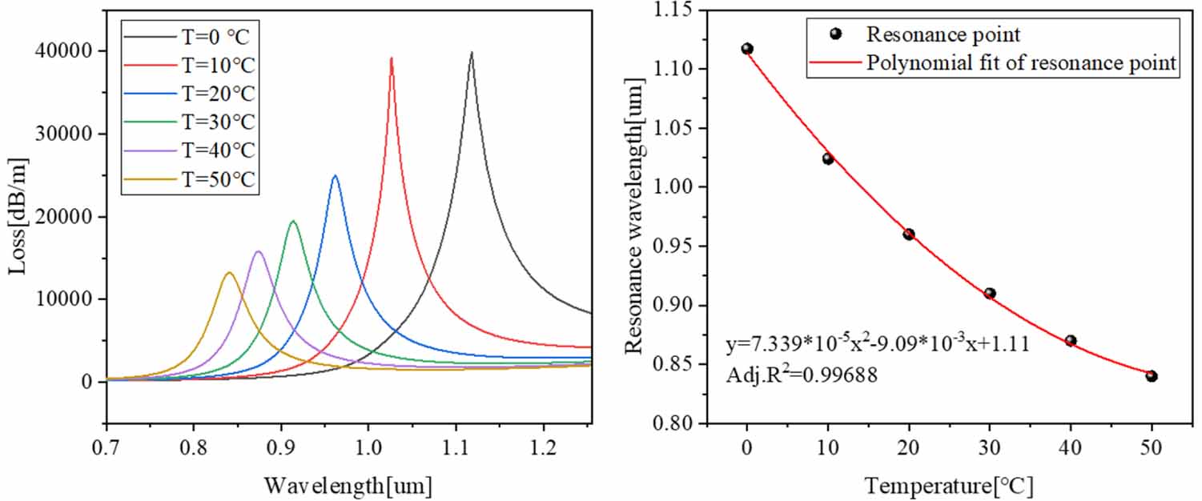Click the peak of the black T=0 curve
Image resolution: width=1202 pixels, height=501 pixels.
472,53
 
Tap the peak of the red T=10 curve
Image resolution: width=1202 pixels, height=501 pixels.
391,58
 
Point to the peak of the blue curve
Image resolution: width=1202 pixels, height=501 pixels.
335,175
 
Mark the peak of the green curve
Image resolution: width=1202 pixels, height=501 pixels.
293,221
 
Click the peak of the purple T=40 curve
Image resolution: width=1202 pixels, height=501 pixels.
258,251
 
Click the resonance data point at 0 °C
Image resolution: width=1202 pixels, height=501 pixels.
747,49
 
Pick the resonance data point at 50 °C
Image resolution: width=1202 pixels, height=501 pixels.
1152,376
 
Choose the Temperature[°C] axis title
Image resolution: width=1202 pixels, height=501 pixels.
948,484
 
